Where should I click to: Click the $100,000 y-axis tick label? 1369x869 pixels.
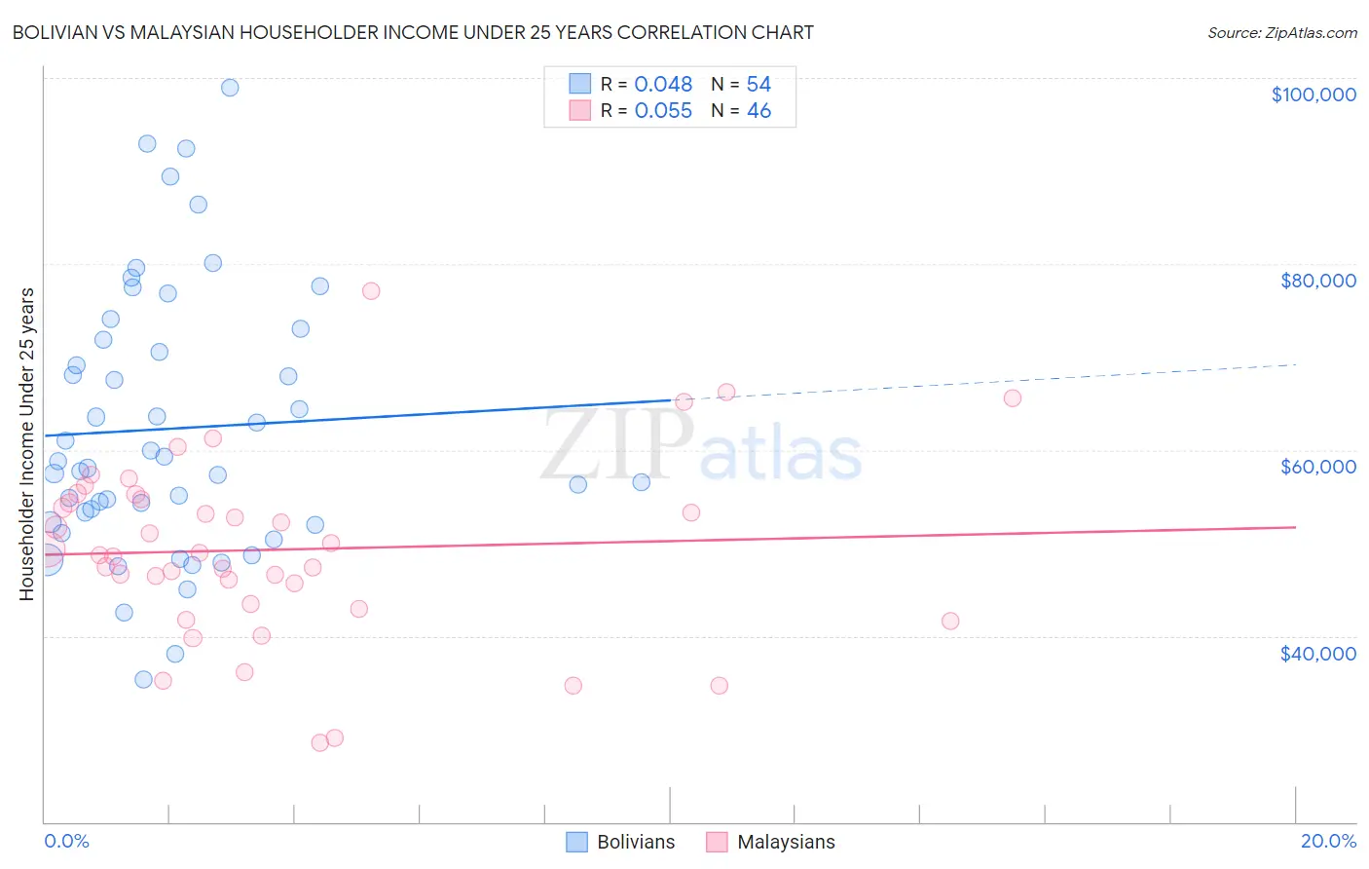coord(1313,94)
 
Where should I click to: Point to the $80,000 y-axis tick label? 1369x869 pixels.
coord(1317,281)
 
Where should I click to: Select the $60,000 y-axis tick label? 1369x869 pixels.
coord(1317,467)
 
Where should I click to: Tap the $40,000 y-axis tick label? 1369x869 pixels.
coord(1317,654)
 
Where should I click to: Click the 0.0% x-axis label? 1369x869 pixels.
coord(66,841)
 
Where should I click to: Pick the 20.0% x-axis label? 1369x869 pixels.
coord(1328,841)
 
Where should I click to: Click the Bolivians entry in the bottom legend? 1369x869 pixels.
coord(635,843)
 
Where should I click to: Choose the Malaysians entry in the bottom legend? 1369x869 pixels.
coord(785,843)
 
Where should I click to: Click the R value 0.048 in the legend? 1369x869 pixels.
coord(663,85)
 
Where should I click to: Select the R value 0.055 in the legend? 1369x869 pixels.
coord(663,111)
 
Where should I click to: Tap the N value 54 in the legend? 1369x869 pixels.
coord(758,85)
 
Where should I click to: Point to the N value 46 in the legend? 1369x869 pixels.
coord(758,111)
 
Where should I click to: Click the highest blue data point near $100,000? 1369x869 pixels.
coord(230,88)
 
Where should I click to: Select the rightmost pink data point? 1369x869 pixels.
coord(1012,398)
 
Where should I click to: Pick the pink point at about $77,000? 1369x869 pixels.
coord(370,291)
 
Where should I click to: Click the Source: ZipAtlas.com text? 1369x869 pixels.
coord(1281,33)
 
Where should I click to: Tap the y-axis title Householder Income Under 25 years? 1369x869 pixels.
coord(27,443)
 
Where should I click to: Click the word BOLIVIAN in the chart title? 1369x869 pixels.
coord(54,33)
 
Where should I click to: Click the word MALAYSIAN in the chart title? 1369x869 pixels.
coord(203,33)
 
